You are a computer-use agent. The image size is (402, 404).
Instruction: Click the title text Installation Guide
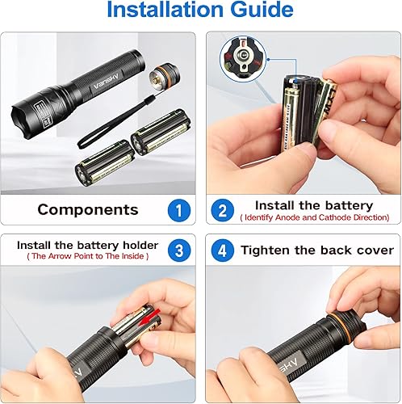click(x=200, y=11)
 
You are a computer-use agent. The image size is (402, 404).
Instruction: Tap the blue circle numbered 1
click(x=179, y=209)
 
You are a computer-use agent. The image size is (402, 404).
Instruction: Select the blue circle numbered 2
click(x=220, y=210)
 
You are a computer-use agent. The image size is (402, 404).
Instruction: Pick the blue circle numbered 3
click(x=179, y=250)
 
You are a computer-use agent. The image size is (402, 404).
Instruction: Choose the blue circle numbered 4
click(x=220, y=250)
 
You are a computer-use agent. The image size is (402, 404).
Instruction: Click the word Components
click(x=88, y=210)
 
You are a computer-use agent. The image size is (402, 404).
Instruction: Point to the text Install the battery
click(x=314, y=205)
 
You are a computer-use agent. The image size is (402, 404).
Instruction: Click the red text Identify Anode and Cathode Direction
click(x=314, y=217)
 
